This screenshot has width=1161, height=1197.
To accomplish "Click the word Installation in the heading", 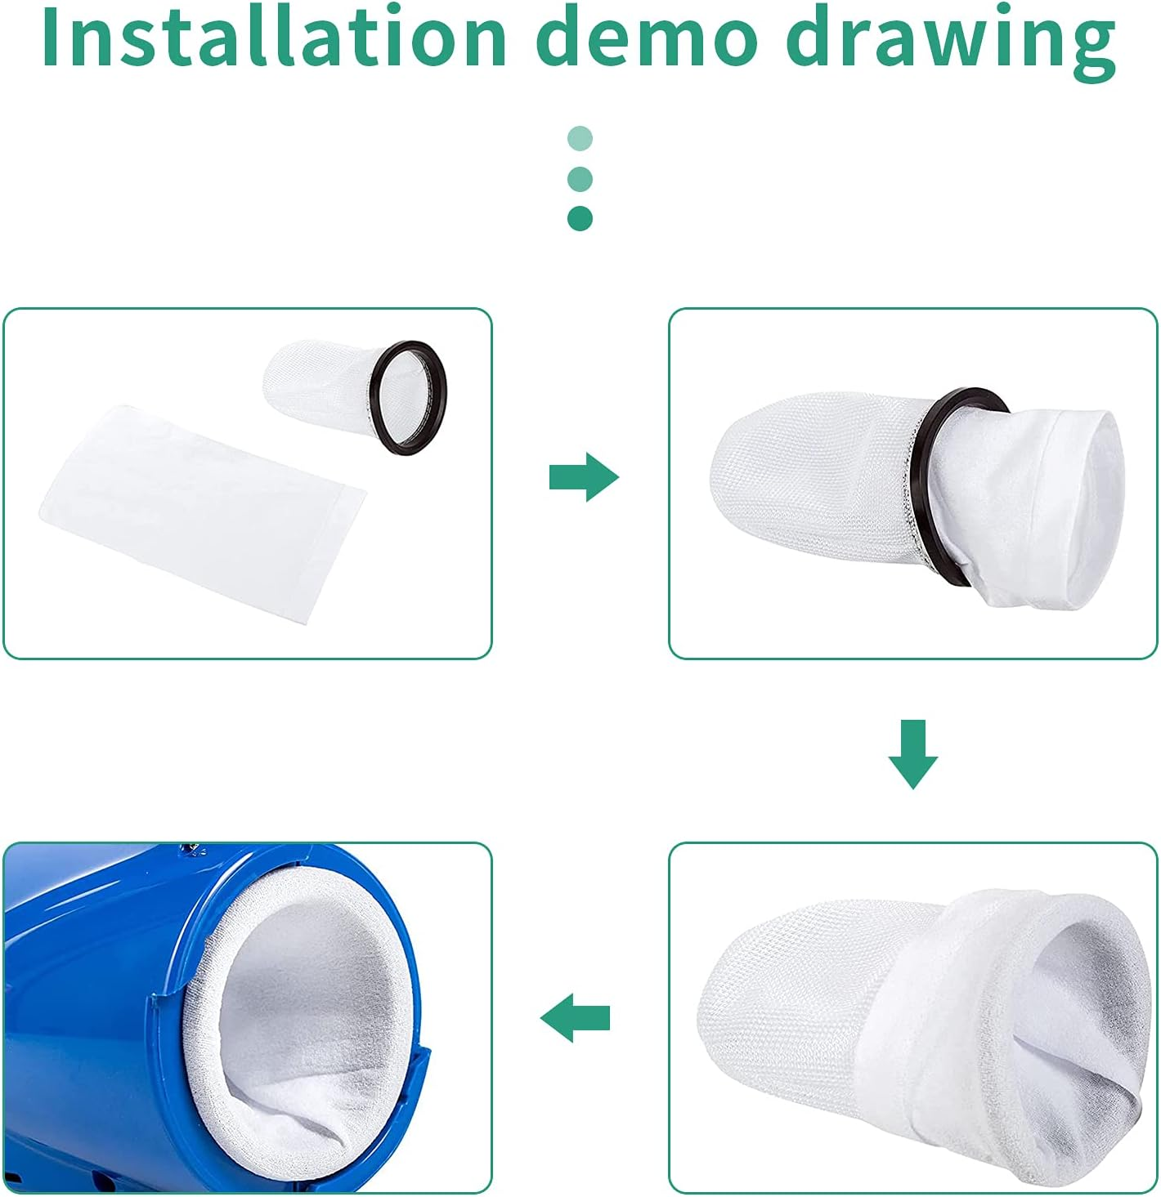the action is [x=273, y=38].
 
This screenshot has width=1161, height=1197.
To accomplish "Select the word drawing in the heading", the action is [x=951, y=44].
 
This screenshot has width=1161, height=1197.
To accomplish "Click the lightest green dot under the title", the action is [x=580, y=138].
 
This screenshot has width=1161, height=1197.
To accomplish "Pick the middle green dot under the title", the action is [x=580, y=179].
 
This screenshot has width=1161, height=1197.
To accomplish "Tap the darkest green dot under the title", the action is [x=580, y=218].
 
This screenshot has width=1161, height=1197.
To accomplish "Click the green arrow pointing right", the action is [x=584, y=477].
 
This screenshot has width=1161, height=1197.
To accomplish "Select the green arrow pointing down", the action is [x=913, y=754].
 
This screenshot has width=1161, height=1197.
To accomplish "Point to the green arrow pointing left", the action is [x=575, y=1018].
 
